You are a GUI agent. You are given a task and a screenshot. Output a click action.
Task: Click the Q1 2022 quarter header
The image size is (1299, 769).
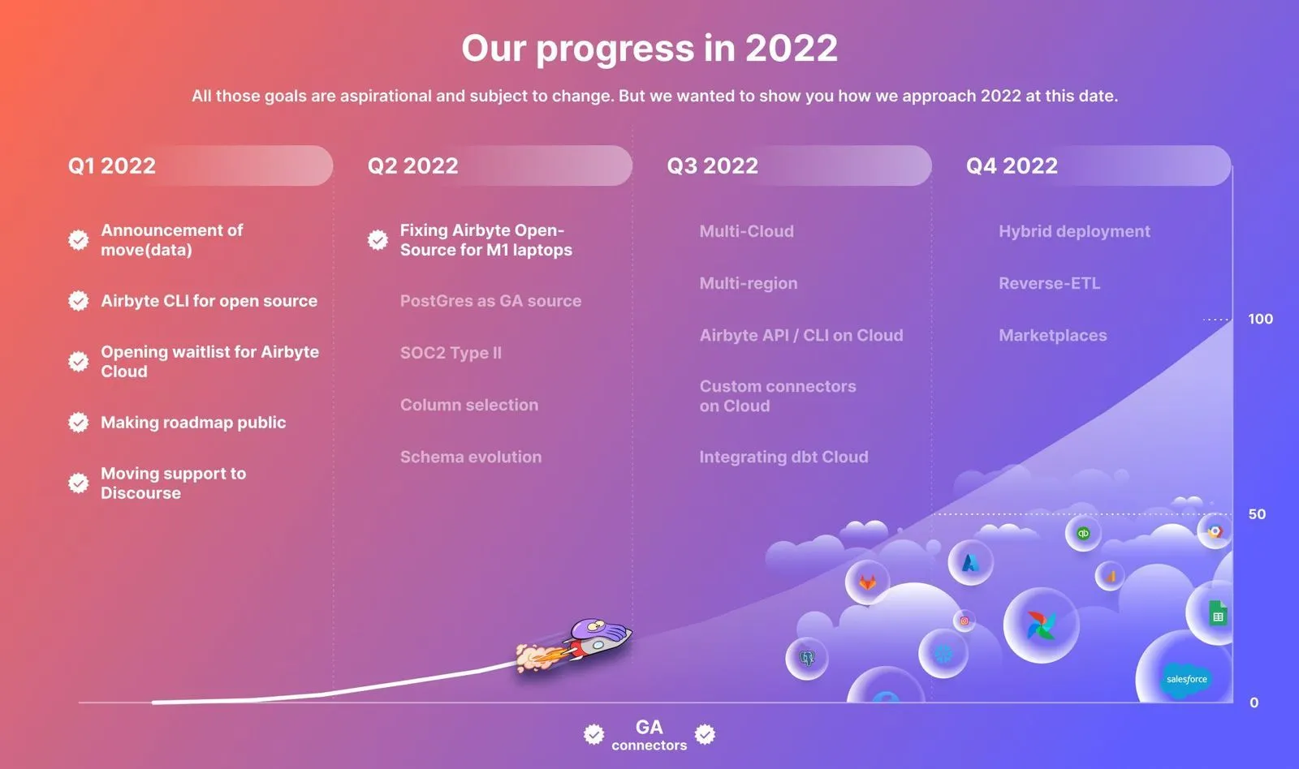pyautogui.click(x=112, y=165)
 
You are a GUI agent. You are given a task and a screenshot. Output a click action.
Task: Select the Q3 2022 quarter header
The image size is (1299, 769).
pyautogui.click(x=712, y=165)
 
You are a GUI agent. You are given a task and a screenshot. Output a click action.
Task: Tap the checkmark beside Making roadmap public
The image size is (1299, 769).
pyautogui.click(x=78, y=423)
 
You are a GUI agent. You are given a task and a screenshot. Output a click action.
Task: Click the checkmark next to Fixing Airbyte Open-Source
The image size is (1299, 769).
pyautogui.click(x=378, y=240)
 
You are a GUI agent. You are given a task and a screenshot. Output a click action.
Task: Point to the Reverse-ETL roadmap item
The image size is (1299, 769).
pyautogui.click(x=1049, y=283)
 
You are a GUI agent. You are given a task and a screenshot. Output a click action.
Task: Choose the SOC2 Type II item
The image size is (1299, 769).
pyautogui.click(x=451, y=353)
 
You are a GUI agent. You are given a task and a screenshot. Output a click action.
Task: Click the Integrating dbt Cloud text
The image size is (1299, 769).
pyautogui.click(x=783, y=458)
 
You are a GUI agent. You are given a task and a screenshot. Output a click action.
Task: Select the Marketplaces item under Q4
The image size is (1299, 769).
pyautogui.click(x=1052, y=336)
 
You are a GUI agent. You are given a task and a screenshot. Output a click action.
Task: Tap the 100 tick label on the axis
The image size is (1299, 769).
pyautogui.click(x=1260, y=319)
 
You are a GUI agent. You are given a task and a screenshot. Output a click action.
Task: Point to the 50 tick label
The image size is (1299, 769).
pyautogui.click(x=1257, y=514)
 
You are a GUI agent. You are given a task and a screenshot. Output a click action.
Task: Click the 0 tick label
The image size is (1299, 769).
pyautogui.click(x=1254, y=702)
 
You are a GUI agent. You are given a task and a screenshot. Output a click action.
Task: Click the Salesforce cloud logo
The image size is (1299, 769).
pyautogui.click(x=1186, y=679)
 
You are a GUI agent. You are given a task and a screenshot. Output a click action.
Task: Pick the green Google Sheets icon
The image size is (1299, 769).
pyautogui.click(x=1218, y=613)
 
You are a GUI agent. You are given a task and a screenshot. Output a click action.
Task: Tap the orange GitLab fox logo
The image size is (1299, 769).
pyautogui.click(x=868, y=582)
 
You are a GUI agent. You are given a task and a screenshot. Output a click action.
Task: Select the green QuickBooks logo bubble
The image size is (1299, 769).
pyautogui.click(x=1083, y=533)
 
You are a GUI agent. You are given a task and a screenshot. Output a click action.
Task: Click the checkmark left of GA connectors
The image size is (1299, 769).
pyautogui.click(x=593, y=734)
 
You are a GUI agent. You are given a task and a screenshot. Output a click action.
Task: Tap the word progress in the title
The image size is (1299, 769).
pyautogui.click(x=615, y=49)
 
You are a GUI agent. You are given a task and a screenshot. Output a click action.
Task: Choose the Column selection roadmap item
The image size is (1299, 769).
pyautogui.click(x=469, y=405)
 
